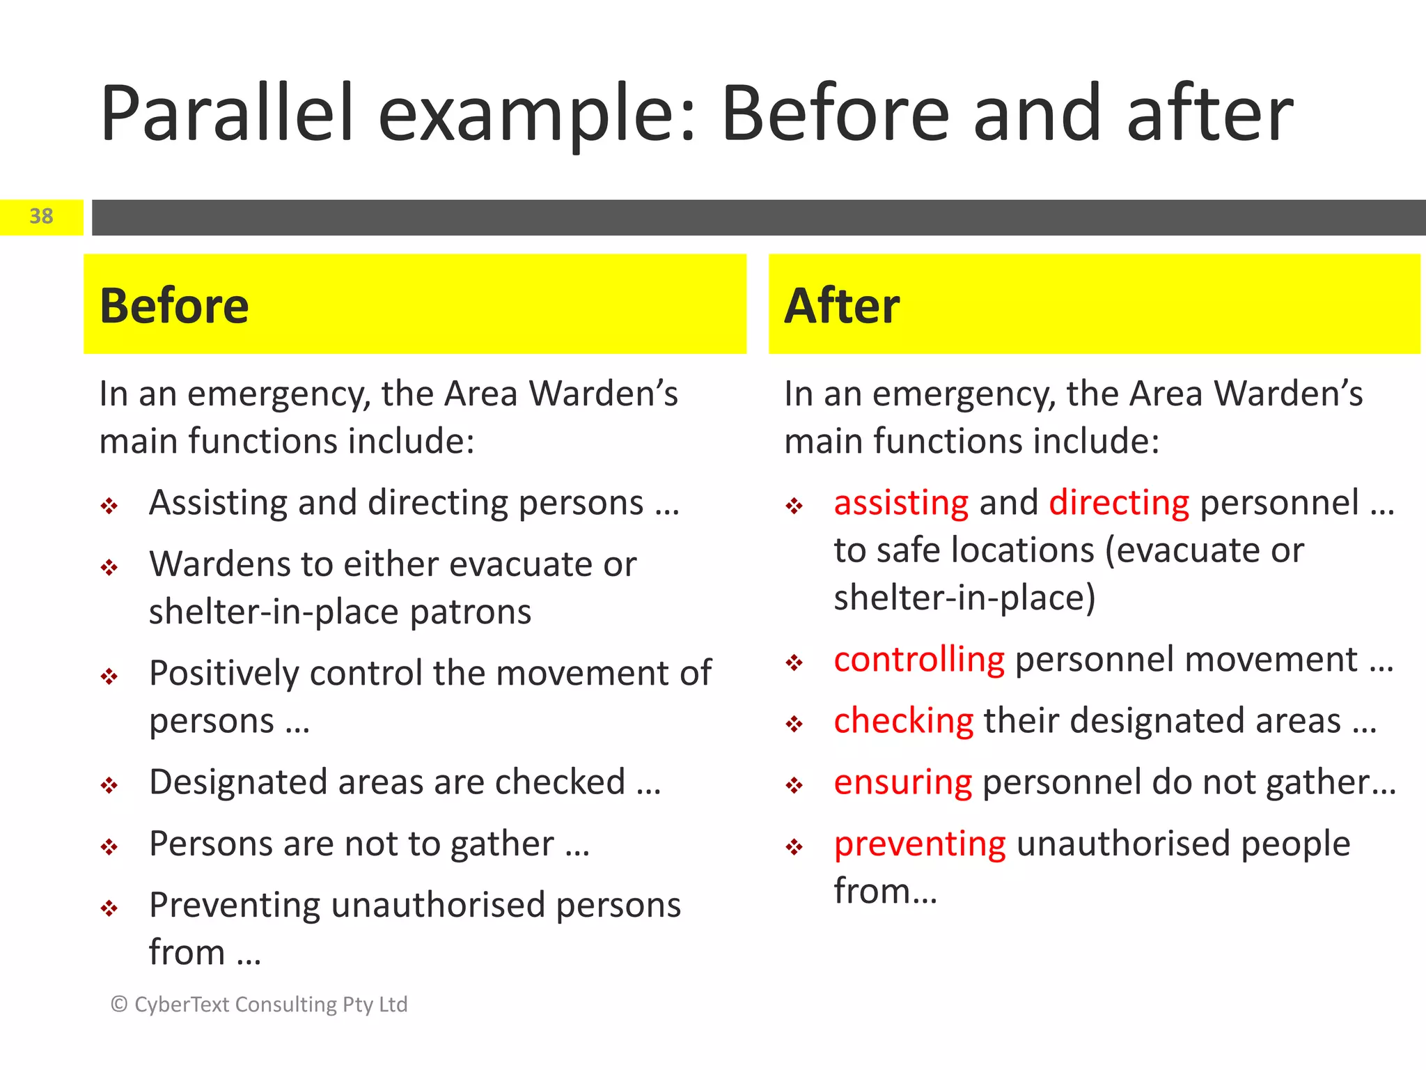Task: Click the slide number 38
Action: (x=41, y=217)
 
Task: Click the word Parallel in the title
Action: (x=227, y=114)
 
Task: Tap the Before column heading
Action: (x=174, y=306)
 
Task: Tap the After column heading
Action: (x=841, y=306)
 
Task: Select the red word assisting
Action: (x=901, y=503)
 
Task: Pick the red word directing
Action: (x=1119, y=503)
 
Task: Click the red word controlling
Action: (x=919, y=660)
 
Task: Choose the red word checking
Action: (x=903, y=721)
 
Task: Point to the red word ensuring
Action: (x=902, y=782)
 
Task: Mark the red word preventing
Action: (x=920, y=844)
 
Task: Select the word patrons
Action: (x=470, y=612)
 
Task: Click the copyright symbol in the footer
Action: (x=119, y=1004)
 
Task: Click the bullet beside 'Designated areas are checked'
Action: (x=109, y=786)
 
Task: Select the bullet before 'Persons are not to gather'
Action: (x=109, y=847)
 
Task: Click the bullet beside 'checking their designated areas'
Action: (x=794, y=724)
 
